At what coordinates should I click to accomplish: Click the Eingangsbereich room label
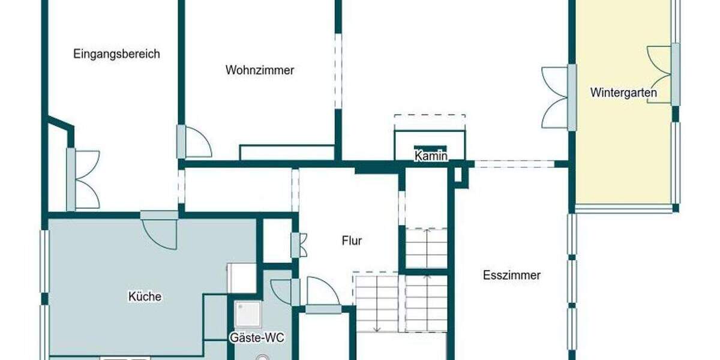(x=116, y=54)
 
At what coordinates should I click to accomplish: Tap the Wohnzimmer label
(x=260, y=70)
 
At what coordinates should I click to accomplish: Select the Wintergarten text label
(x=623, y=93)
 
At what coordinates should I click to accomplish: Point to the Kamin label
(x=431, y=157)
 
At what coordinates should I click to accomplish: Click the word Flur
(x=352, y=241)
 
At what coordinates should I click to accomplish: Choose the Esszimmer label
(x=511, y=275)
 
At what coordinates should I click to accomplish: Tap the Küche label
(x=145, y=296)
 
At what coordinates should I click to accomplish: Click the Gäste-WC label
(x=257, y=338)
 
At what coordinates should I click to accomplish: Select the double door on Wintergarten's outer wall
(x=660, y=74)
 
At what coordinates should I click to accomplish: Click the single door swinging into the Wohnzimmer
(x=197, y=143)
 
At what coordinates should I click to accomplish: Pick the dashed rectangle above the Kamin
(x=430, y=122)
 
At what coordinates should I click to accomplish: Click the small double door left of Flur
(x=298, y=245)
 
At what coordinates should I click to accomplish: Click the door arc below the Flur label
(x=323, y=291)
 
